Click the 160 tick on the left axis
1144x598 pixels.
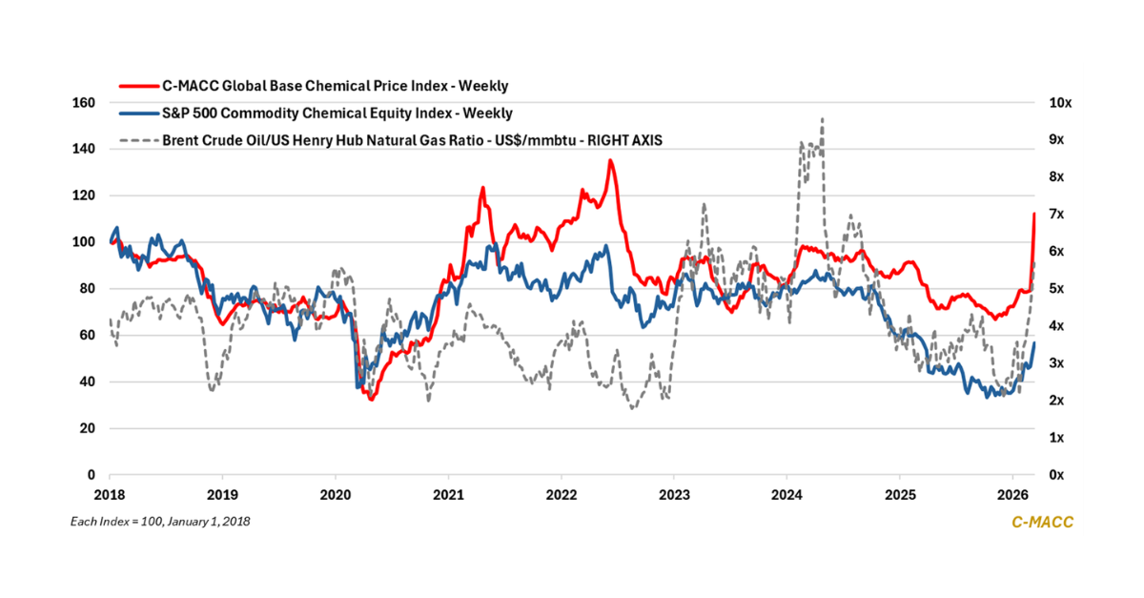[x=84, y=103]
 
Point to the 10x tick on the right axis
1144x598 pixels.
[x=1059, y=103]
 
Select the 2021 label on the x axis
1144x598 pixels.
[x=448, y=495]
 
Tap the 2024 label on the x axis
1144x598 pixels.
[x=786, y=495]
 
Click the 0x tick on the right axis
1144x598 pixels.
[x=1055, y=475]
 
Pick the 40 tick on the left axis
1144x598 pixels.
[x=87, y=382]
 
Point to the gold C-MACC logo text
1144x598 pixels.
[x=1042, y=522]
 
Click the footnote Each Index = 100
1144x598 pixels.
[x=161, y=522]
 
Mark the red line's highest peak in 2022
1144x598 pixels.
[x=610, y=160]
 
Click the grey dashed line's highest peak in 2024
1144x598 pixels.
[x=822, y=119]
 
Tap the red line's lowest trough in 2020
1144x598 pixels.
[x=371, y=399]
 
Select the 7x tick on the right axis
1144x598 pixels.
[x=1055, y=215]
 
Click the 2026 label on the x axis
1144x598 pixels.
[x=1011, y=495]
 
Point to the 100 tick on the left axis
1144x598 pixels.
[x=84, y=242]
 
